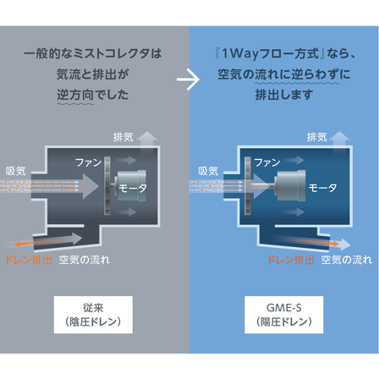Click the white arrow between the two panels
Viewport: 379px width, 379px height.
pyautogui.click(x=189, y=81)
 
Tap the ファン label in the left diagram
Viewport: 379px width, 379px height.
pyautogui.click(x=88, y=161)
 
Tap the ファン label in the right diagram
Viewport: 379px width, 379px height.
pyautogui.click(x=266, y=161)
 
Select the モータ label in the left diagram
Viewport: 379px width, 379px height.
pyautogui.click(x=133, y=188)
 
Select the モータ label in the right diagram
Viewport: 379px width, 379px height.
pyautogui.click(x=322, y=188)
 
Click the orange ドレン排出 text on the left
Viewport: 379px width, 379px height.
pyautogui.click(x=29, y=259)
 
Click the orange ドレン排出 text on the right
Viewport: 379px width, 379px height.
pyautogui.click(x=291, y=259)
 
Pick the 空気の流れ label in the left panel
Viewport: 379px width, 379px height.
pyautogui.click(x=84, y=259)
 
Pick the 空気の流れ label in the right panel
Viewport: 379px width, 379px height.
pyautogui.click(x=346, y=259)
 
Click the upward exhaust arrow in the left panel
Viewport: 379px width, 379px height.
pyautogui.click(x=150, y=138)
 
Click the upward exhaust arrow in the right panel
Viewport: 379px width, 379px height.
pyautogui.click(x=342, y=138)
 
